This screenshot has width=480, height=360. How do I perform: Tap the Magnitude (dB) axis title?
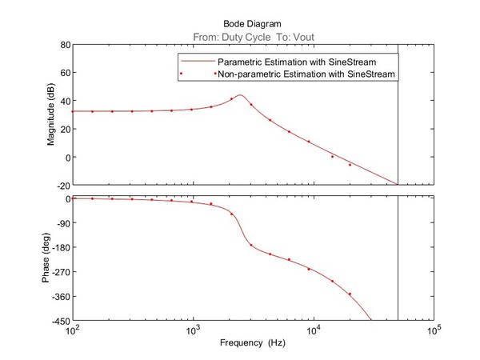pyautogui.click(x=51, y=114)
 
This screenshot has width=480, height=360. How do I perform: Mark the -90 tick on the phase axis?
pyautogui.click(x=61, y=223)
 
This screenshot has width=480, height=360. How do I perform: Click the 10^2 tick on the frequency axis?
pyautogui.click(x=74, y=330)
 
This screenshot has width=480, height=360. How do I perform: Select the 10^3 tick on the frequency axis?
pyautogui.click(x=194, y=330)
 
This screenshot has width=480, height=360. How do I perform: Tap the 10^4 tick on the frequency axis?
pyautogui.click(x=314, y=330)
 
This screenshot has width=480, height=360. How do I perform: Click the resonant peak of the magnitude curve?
pyautogui.click(x=240, y=95)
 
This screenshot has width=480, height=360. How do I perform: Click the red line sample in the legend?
pyautogui.click(x=195, y=62)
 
